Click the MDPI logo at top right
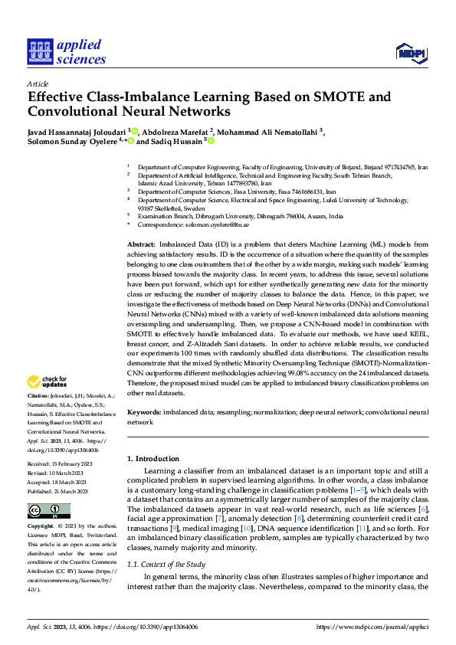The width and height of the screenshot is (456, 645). [412, 52]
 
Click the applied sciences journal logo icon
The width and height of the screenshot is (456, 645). [38, 52]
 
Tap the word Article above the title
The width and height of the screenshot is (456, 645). [38, 83]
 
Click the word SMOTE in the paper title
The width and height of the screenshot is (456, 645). [316, 97]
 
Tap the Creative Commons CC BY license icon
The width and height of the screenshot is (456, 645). [48, 510]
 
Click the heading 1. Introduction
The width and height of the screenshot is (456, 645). [153, 458]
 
